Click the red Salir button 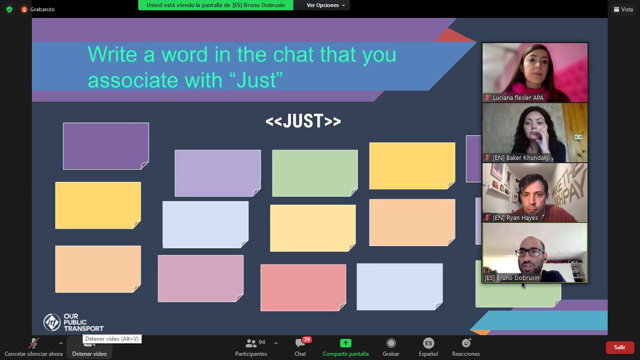coord(619,347)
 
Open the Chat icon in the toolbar coord(300,343)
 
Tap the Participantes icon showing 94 coord(251,343)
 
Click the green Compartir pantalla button coord(345,343)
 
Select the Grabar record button coord(391,343)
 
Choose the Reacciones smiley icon coord(466,343)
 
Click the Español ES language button coord(428,343)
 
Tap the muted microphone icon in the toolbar coord(33,343)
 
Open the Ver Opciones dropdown coord(326,5)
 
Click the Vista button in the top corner coord(623,9)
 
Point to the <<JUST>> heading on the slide coord(303,121)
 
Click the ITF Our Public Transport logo coord(74,322)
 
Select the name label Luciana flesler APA coord(518,98)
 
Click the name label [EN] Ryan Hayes coord(515,218)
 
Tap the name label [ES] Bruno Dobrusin coord(512,277)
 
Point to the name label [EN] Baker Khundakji coord(521,158)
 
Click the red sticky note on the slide coord(303,287)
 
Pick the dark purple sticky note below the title coord(106,146)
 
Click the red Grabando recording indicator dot coord(24,9)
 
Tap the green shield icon coord(9,9)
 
